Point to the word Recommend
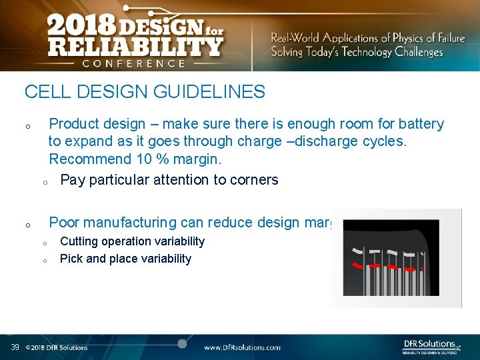(x=88, y=159)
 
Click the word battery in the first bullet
(x=421, y=124)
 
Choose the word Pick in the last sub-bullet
(x=70, y=259)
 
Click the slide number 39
(x=15, y=347)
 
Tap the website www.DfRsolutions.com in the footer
(x=242, y=347)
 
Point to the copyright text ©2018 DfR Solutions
(x=57, y=347)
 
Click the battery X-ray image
(x=396, y=258)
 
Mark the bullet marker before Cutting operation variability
(x=45, y=243)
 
